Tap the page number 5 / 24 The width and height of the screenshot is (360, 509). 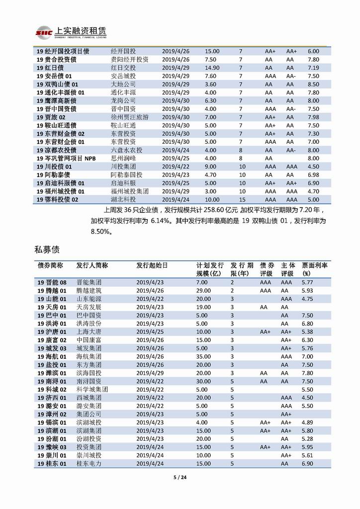tap(180, 478)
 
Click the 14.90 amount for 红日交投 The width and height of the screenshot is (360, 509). tap(212, 68)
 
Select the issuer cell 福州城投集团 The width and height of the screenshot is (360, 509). tap(130, 191)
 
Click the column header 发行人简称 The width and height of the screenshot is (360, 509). tap(92, 266)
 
